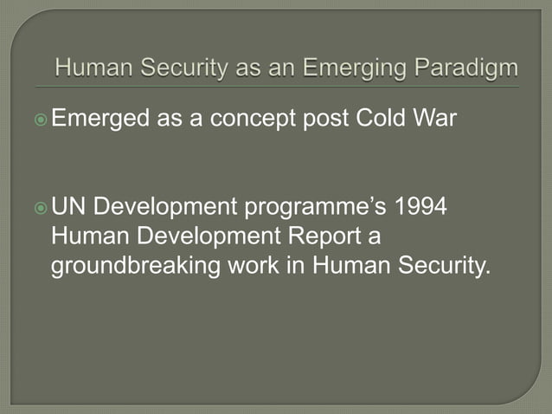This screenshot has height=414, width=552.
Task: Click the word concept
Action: pos(252,118)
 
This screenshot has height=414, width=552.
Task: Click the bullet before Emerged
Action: pos(42,119)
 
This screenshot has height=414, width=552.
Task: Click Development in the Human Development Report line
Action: pos(202,236)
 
